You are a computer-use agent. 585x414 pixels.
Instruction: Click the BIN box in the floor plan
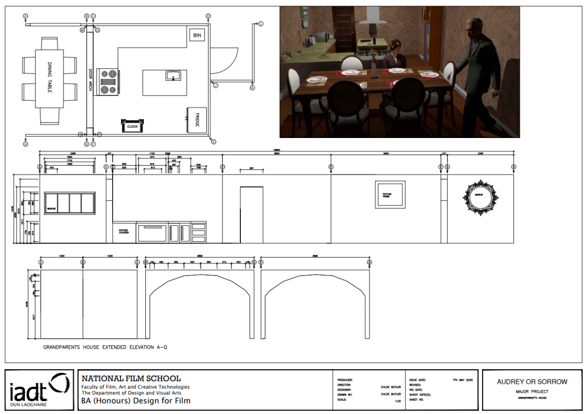pos(197,35)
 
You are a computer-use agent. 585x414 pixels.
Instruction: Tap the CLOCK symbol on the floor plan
pos(132,126)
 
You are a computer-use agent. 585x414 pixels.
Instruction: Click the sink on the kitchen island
pos(173,76)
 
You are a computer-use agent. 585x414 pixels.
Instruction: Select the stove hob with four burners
pos(109,81)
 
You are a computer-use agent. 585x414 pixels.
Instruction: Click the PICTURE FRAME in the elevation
pos(390,195)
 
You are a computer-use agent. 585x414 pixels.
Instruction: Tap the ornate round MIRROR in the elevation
pos(480,197)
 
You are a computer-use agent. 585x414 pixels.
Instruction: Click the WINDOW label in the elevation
pos(52,209)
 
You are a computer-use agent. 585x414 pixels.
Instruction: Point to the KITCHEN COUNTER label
pos(124,232)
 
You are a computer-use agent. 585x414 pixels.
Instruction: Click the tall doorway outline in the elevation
pos(252,215)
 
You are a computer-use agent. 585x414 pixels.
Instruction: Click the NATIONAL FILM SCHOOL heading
pos(131,378)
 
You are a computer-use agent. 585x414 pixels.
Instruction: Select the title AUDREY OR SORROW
pos(532,382)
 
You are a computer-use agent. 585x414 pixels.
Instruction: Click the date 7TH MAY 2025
pos(463,379)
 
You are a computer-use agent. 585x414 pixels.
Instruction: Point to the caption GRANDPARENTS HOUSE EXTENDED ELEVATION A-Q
pos(106,347)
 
